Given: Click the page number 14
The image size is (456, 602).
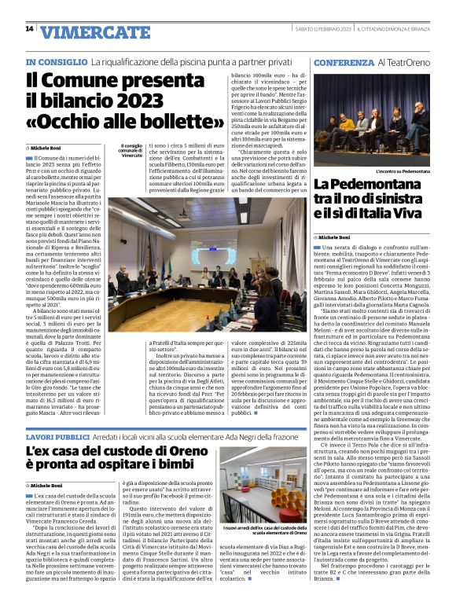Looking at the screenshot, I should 29,29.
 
